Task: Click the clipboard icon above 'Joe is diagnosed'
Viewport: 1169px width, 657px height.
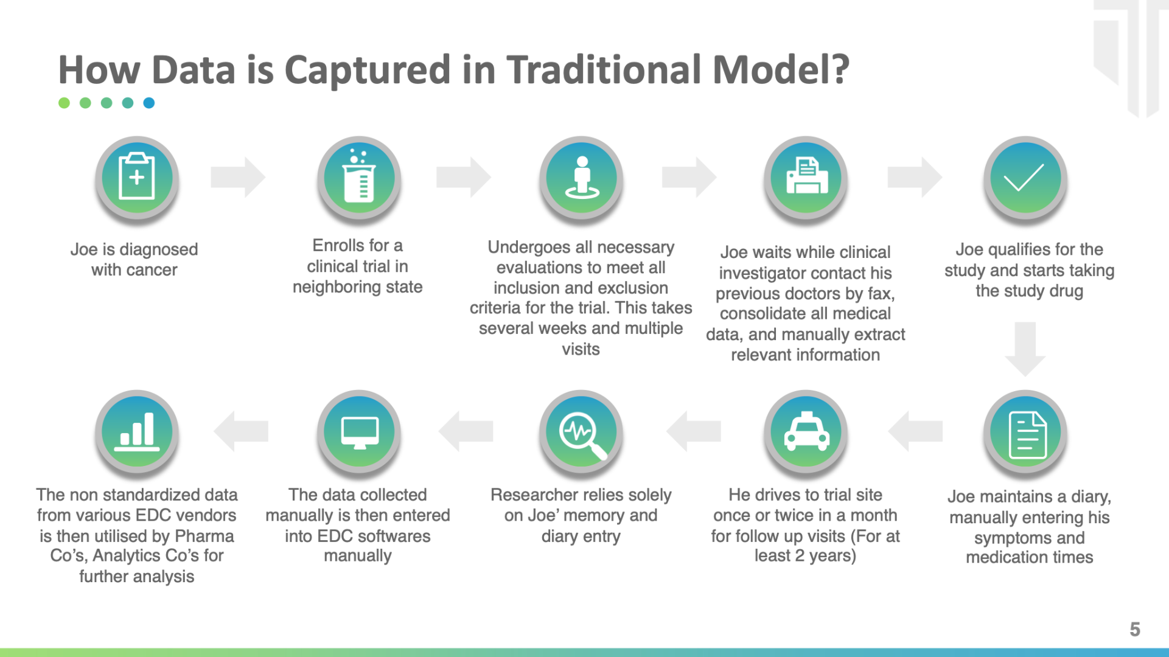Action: click(137, 178)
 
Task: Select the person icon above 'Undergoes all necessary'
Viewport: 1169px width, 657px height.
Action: click(582, 178)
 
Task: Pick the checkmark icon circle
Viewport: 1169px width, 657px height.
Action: click(1026, 178)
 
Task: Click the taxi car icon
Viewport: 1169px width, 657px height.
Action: click(806, 432)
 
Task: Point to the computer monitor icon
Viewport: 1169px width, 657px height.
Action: click(359, 432)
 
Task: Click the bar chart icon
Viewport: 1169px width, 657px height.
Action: click(137, 432)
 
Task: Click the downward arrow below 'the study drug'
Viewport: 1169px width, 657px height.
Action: click(1025, 349)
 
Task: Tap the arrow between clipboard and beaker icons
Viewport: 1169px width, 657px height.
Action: click(238, 177)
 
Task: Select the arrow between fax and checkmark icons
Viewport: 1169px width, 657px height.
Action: click(915, 177)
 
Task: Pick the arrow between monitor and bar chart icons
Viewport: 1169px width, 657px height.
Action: click(241, 431)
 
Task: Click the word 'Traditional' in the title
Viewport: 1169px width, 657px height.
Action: click(604, 69)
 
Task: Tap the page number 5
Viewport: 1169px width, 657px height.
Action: click(1135, 629)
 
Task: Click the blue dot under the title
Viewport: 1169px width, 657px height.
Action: click(149, 103)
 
